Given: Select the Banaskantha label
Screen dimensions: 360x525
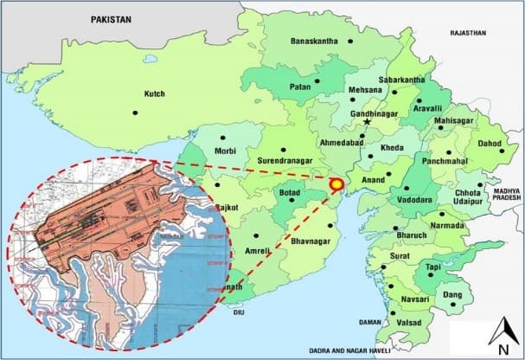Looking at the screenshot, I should click(x=320, y=41).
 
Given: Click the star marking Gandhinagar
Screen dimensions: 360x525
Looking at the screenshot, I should click(x=368, y=123).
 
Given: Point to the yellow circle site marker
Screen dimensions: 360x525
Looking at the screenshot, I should click(x=336, y=183).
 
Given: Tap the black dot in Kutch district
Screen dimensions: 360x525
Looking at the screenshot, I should click(x=136, y=112).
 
